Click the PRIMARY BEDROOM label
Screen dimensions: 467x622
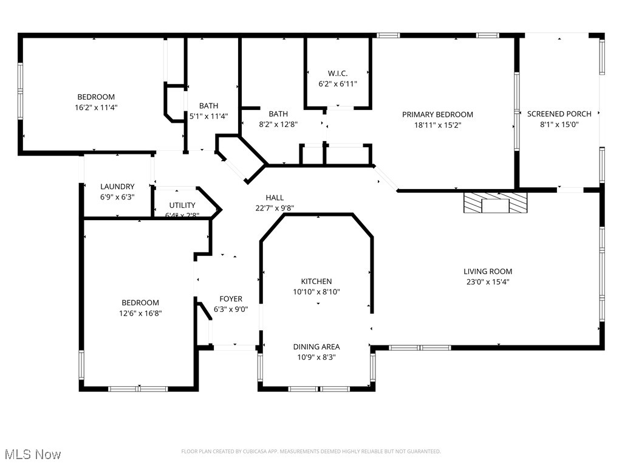pos(437,114)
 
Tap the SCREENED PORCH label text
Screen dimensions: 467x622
pos(559,114)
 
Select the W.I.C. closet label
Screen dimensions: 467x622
pos(338,74)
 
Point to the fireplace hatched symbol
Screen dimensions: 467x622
pos(495,203)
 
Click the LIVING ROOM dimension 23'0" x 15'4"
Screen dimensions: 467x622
pos(488,282)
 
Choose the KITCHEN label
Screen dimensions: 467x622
pos(316,281)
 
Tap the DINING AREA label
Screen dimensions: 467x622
pos(316,347)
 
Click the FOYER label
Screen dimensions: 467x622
pos(231,299)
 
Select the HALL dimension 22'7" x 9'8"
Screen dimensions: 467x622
pos(275,208)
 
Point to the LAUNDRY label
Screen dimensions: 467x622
pos(117,187)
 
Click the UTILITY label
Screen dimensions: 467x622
pos(182,206)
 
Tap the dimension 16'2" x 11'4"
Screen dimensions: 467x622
pos(96,108)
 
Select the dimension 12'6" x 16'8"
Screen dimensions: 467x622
pos(140,313)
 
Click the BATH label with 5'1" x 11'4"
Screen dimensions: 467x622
pos(208,106)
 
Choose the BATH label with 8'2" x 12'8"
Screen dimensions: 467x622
pos(278,114)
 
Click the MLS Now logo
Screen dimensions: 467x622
pos(33,454)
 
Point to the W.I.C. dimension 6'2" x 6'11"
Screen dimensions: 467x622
pos(338,84)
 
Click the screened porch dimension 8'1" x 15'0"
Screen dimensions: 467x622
pos(559,125)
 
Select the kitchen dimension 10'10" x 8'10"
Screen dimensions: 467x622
pos(316,292)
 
